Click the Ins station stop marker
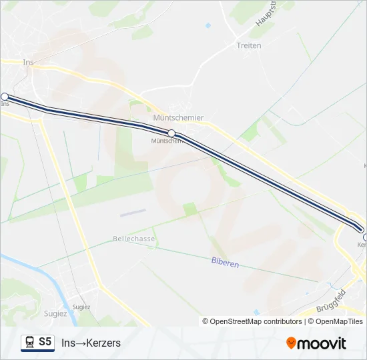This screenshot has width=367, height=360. pyautogui.click(x=5, y=97)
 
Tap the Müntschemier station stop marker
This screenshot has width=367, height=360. pyautogui.click(x=171, y=133)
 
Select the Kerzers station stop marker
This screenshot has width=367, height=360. pyautogui.click(x=365, y=237)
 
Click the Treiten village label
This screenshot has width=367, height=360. pyautogui.click(x=248, y=46)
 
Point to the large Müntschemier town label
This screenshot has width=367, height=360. pyautogui.click(x=178, y=117)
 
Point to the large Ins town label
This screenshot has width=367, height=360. pyautogui.click(x=28, y=62)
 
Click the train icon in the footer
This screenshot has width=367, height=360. pyautogui.click(x=29, y=343)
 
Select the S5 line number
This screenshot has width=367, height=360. pyautogui.click(x=45, y=342)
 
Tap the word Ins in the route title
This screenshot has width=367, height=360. pyautogui.click(x=68, y=343)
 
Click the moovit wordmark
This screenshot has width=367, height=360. pyautogui.click(x=322, y=343)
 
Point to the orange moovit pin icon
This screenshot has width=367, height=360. pyautogui.click(x=291, y=343)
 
